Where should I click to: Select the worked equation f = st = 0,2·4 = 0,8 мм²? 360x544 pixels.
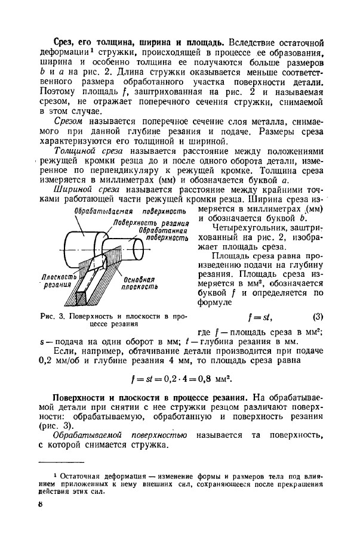(x=181, y=378)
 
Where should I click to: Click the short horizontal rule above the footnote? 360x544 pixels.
(x=61, y=463)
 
